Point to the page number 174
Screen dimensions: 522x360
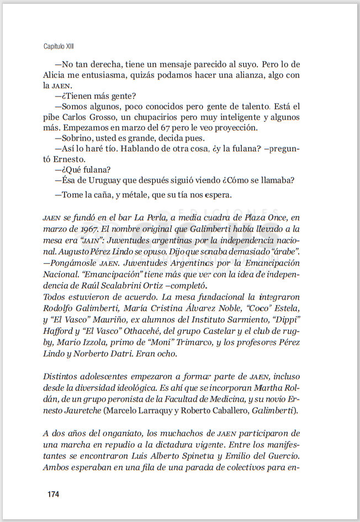point(53,493)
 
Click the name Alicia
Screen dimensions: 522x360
point(55,75)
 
